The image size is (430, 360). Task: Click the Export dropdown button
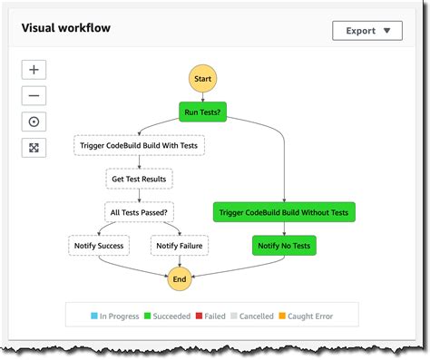pyautogui.click(x=366, y=30)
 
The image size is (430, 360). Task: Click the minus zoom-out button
pyautogui.click(x=34, y=95)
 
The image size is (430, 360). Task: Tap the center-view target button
pyautogui.click(x=34, y=122)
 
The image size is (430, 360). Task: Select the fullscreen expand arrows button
pyautogui.click(x=34, y=148)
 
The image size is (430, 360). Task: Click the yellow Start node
pyautogui.click(x=202, y=80)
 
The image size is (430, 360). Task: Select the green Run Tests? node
pyautogui.click(x=202, y=112)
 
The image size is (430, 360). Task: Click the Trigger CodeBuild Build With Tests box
pyautogui.click(x=139, y=145)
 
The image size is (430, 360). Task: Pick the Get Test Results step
pyautogui.click(x=139, y=179)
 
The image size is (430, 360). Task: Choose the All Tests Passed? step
pyautogui.click(x=139, y=212)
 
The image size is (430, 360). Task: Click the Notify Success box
pyautogui.click(x=99, y=245)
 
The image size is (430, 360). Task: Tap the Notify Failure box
pyautogui.click(x=179, y=245)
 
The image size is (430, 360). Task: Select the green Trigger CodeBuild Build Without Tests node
pyautogui.click(x=284, y=212)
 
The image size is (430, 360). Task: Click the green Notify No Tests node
pyautogui.click(x=284, y=245)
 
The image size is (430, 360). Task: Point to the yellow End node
pyautogui.click(x=180, y=279)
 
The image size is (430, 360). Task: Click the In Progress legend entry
pyautogui.click(x=115, y=316)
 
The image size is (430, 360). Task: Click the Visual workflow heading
pyautogui.click(x=66, y=27)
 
